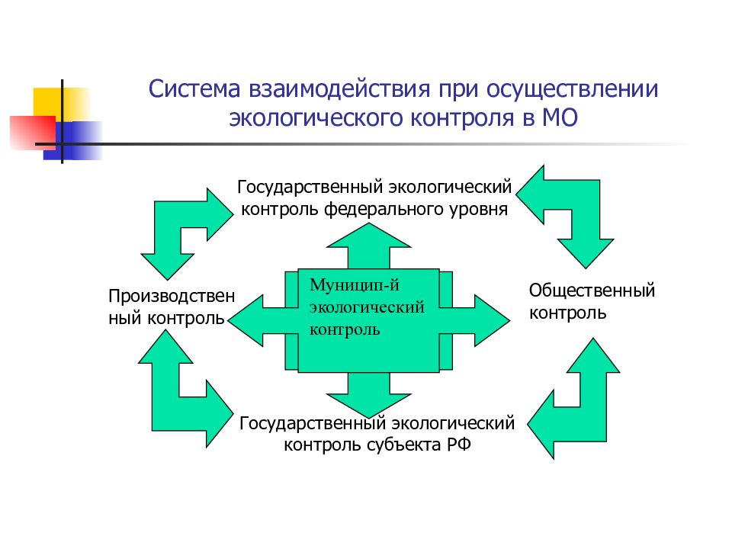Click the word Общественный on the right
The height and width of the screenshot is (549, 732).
592,291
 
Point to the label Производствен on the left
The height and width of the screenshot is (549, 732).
172,295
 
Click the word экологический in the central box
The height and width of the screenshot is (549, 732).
365,308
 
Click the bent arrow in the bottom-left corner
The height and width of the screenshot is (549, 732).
179,396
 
